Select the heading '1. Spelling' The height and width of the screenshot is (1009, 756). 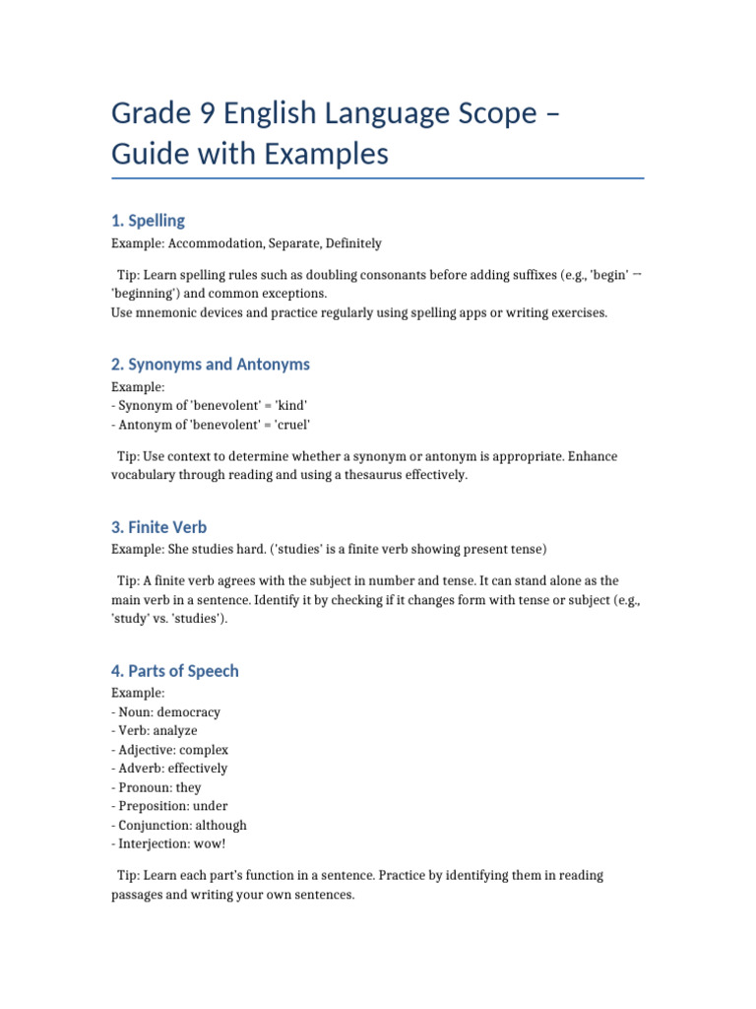tap(148, 221)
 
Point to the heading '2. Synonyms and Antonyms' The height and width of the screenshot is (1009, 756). tap(210, 365)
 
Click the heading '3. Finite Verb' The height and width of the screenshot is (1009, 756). tap(158, 527)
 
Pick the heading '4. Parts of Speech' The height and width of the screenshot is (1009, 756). tap(174, 671)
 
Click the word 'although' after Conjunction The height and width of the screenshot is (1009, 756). tap(220, 825)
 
